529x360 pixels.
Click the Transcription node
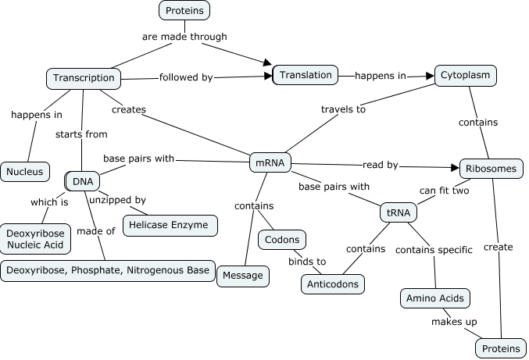[84, 77]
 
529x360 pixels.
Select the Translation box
[305, 75]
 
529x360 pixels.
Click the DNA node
[81, 181]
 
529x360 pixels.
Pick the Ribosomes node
[490, 169]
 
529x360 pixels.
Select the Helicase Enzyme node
[170, 225]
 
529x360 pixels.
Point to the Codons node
[282, 240]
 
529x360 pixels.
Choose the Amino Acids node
[435, 298]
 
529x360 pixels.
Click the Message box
[243, 275]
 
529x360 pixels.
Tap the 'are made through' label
[184, 36]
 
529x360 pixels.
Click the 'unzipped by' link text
[117, 200]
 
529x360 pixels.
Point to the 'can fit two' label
[444, 190]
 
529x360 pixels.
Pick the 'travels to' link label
[343, 109]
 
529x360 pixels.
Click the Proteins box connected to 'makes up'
[500, 348]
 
